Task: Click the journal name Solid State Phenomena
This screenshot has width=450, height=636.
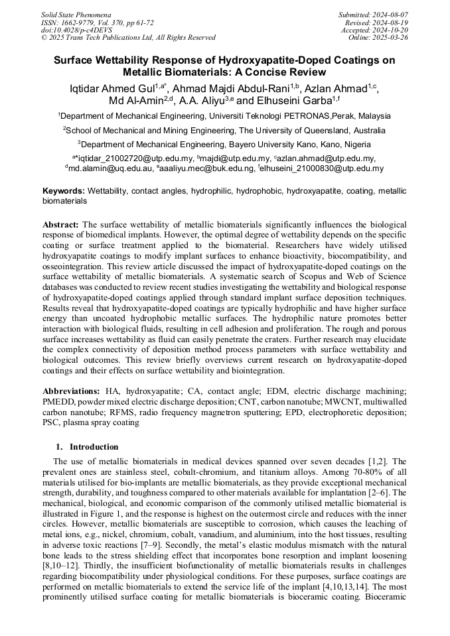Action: [76, 15]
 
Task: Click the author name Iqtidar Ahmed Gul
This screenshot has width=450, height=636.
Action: [112, 88]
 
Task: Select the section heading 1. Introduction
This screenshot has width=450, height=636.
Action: [84, 446]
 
